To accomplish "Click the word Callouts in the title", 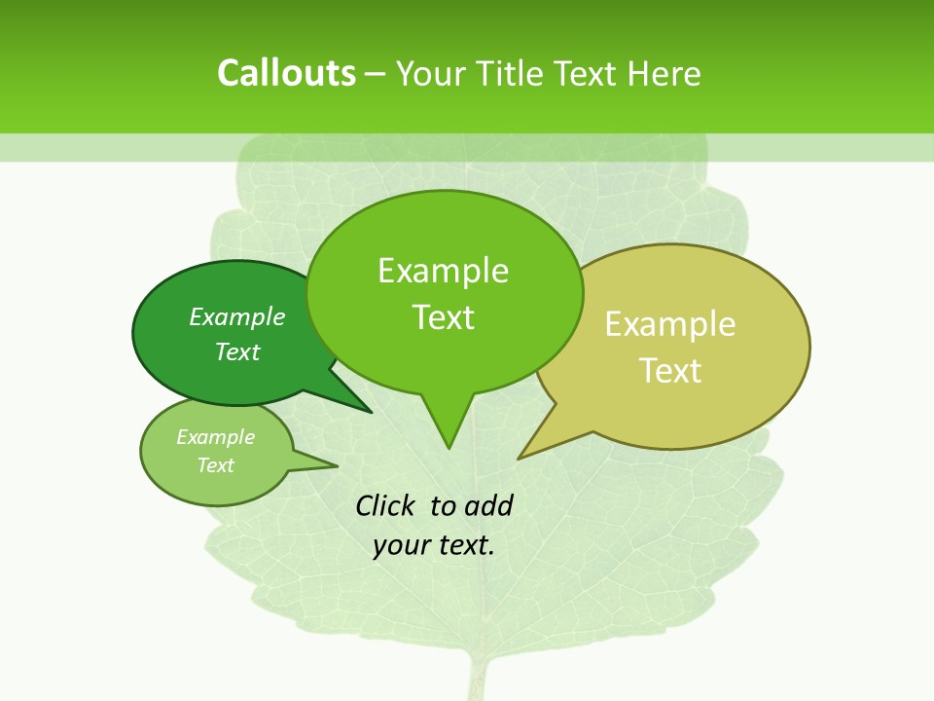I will click(286, 73).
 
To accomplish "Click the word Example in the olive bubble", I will click(670, 324).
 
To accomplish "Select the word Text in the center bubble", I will click(444, 317).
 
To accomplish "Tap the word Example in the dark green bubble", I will click(237, 316).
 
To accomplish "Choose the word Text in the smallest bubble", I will click(215, 465).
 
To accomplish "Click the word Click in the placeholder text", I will click(387, 505).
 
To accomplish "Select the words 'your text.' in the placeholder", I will click(434, 545).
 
